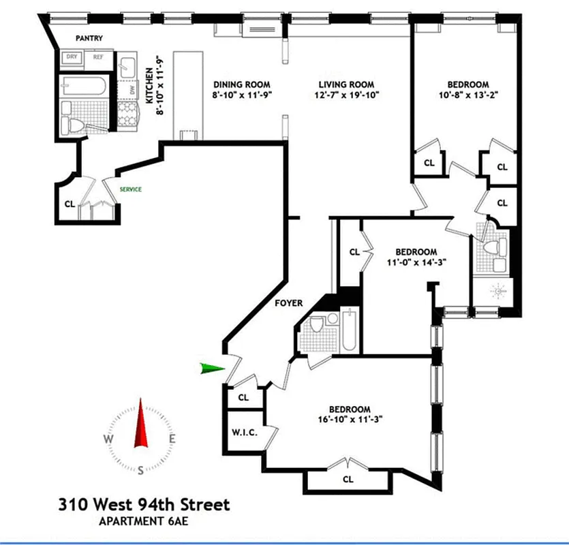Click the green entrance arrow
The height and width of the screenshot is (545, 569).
(213, 369)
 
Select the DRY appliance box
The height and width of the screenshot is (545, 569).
(71, 57)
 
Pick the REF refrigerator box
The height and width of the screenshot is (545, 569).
(99, 57)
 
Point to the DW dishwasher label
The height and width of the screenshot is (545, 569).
(131, 90)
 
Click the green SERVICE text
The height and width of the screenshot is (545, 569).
(131, 189)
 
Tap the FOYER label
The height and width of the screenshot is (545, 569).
(290, 303)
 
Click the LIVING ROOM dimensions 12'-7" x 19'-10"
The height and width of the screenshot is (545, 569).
(347, 95)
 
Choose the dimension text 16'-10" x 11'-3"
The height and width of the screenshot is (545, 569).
(352, 420)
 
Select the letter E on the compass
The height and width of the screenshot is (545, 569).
(173, 439)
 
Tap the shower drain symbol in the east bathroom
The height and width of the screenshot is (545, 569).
(499, 291)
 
